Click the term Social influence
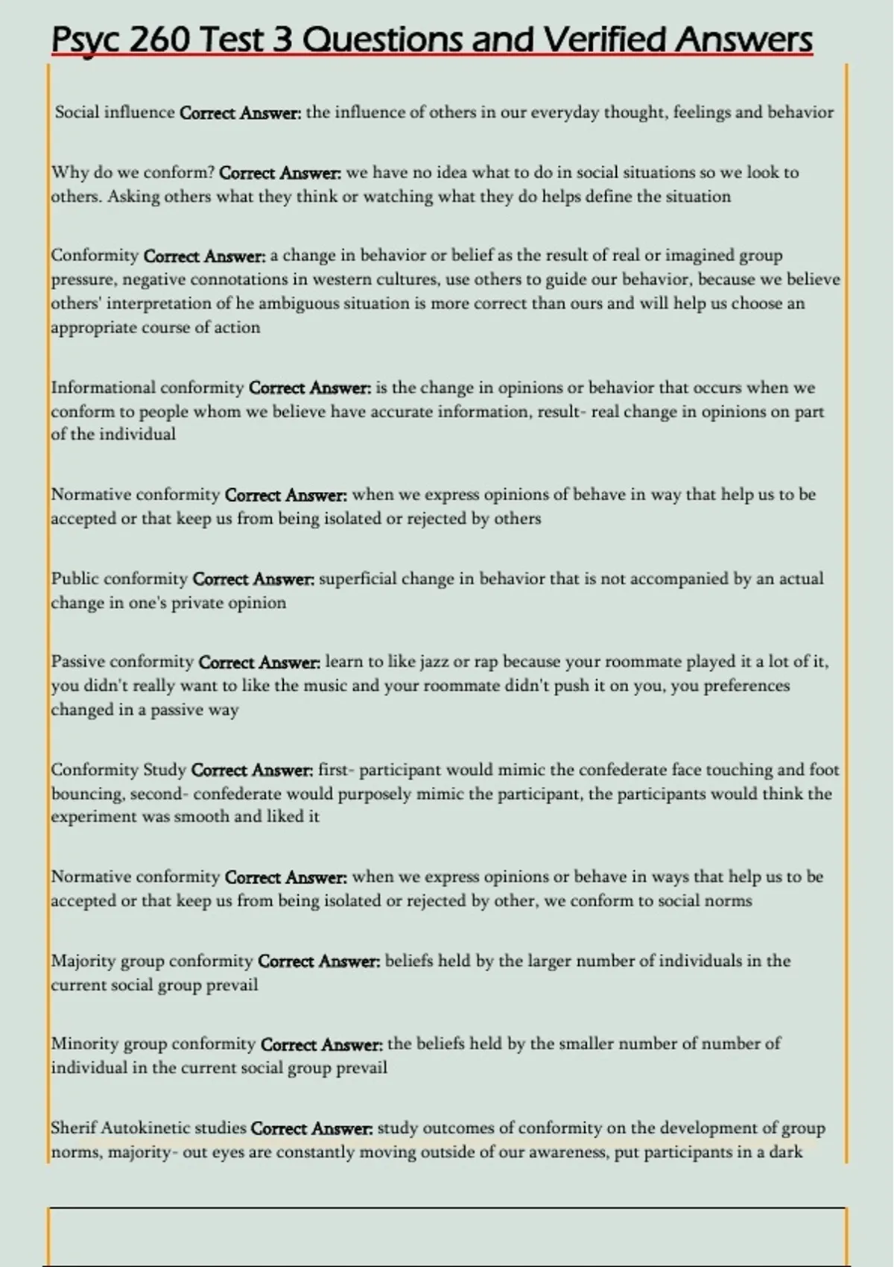point(115,113)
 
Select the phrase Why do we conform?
point(133,173)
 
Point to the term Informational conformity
point(148,388)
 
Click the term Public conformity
point(119,579)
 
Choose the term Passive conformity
point(122,662)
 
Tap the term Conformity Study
point(118,770)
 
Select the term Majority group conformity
point(152,961)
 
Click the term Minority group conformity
point(153,1043)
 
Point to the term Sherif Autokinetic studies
point(148,1128)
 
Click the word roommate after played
point(455,686)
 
